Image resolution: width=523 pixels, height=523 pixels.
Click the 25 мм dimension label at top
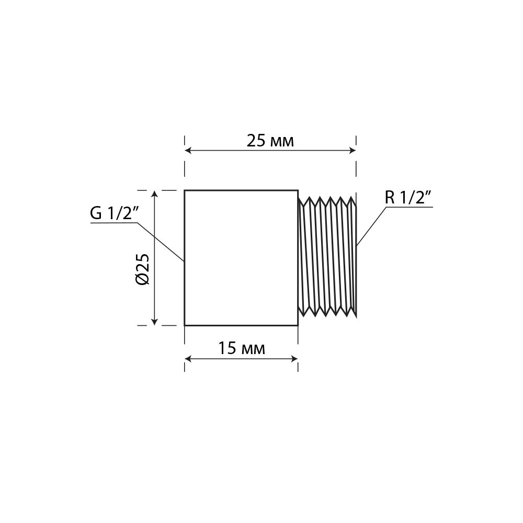pyautogui.click(x=270, y=141)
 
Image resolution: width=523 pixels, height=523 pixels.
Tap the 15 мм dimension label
pyautogui.click(x=242, y=348)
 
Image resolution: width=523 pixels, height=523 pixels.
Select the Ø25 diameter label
pyautogui.click(x=143, y=269)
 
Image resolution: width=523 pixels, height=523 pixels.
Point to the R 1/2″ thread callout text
pyautogui.click(x=409, y=198)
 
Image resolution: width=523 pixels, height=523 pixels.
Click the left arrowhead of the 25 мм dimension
pyautogui.click(x=188, y=151)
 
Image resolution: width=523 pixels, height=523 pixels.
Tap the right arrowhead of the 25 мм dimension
pyautogui.click(x=353, y=151)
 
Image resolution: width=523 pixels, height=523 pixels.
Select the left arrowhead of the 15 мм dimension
pyautogui.click(x=188, y=359)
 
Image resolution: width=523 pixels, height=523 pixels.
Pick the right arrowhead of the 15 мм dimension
pyautogui.click(x=294, y=359)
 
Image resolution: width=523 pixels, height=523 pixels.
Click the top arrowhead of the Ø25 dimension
pyautogui.click(x=154, y=194)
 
